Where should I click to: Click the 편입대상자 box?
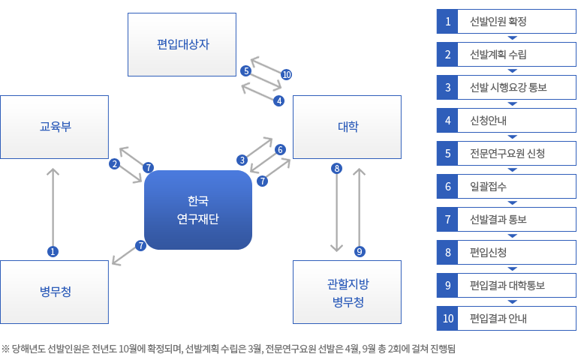182,44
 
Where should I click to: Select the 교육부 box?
54,127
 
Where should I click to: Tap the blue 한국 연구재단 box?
198,210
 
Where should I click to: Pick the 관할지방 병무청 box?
347,292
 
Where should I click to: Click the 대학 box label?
348,127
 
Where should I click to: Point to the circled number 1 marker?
53,252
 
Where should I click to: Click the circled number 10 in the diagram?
287,75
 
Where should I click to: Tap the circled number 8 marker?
336,169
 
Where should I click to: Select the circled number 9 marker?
360,252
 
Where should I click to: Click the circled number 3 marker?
242,160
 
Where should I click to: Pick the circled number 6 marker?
280,149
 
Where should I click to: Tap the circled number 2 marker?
115,164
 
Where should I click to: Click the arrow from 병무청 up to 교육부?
53,207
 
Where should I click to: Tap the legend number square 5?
447,153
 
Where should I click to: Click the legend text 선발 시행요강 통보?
508,87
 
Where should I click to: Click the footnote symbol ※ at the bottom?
5,348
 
